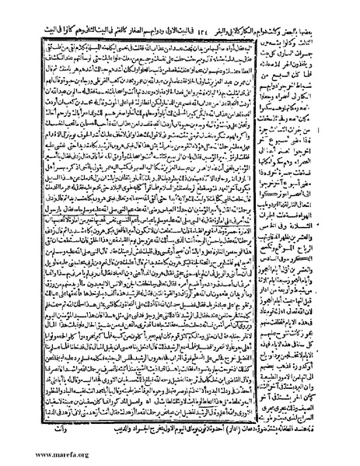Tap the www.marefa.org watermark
38,455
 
